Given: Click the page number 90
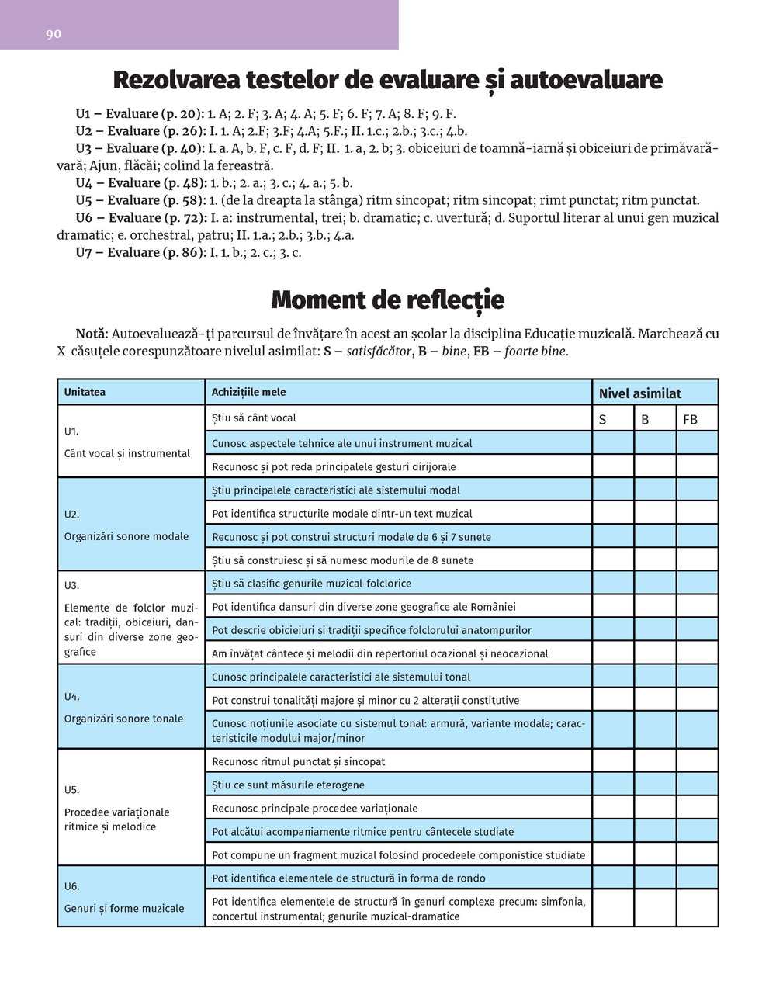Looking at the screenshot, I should pos(54,34).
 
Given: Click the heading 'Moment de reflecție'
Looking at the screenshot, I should pos(388,300).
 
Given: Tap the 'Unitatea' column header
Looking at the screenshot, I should pos(85,392).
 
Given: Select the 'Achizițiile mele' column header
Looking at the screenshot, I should pos(248,392).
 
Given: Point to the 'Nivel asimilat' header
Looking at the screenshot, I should pos(639,393).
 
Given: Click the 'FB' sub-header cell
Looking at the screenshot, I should pos(691,420).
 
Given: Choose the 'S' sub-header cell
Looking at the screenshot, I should pos(604,420).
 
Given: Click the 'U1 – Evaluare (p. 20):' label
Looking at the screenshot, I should pos(140,114).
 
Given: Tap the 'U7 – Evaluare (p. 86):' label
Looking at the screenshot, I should pos(140,253).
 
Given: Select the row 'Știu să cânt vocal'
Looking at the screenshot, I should pos(254,418).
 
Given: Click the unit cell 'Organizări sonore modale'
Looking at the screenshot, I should pos(126,536).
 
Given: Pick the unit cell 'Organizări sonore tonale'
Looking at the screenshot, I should pos(123,719).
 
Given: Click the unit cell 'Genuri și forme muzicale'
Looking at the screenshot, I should pos(124,908).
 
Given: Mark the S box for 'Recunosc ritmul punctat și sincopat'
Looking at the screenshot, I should pos(613,761).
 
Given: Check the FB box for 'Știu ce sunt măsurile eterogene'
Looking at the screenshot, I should pos(697,785).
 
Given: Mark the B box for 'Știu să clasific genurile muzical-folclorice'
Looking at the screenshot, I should pos(655,583).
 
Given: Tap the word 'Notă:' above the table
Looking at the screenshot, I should pos(92,334).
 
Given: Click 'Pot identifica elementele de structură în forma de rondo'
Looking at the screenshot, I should pos(348,878).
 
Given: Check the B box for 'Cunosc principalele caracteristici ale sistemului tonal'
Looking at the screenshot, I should pos(655,677).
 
